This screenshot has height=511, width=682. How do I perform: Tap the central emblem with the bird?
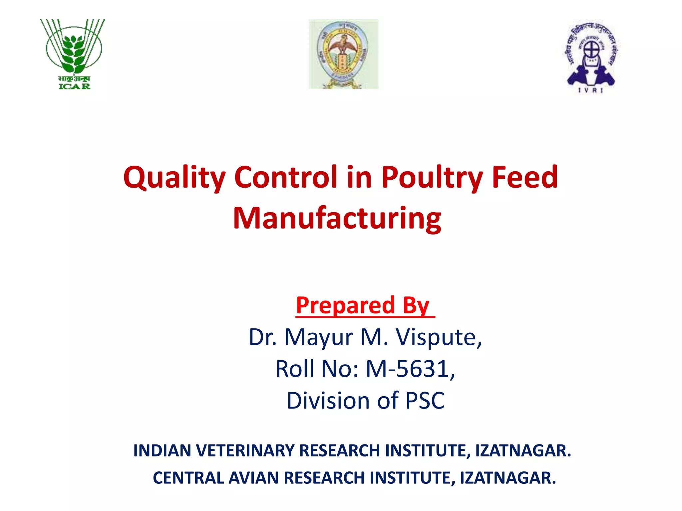[x=343, y=54]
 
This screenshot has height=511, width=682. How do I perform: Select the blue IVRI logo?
[x=590, y=55]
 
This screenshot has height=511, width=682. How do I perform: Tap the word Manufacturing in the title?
[x=337, y=219]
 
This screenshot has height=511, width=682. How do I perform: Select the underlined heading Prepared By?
[x=365, y=305]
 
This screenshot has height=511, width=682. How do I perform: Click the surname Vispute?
[x=439, y=337]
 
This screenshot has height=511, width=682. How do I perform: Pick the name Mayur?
[x=318, y=337]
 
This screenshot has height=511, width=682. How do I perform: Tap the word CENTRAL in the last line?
[x=188, y=478]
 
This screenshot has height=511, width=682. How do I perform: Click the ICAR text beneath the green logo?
[x=74, y=86]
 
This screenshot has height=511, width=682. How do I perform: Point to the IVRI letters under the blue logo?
[x=590, y=90]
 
